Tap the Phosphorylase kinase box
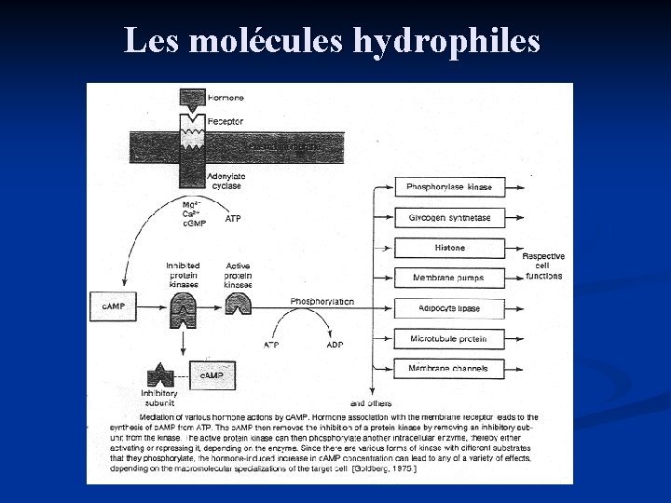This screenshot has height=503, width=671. [449, 187]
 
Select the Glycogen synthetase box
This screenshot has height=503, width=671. [449, 218]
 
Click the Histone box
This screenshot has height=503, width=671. [449, 248]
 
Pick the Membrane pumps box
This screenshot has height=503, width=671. [449, 278]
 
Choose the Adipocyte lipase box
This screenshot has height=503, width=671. [449, 307]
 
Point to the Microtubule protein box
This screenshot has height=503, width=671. [449, 338]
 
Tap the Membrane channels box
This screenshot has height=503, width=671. [449, 369]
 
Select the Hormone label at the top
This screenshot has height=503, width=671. [226, 98]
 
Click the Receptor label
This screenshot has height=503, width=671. [226, 121]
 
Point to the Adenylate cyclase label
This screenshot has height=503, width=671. [226, 181]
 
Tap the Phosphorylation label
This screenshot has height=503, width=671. [322, 302]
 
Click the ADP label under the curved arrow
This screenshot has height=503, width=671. [335, 345]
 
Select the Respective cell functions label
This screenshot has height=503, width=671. [543, 266]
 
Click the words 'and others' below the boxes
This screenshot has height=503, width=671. [370, 402]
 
